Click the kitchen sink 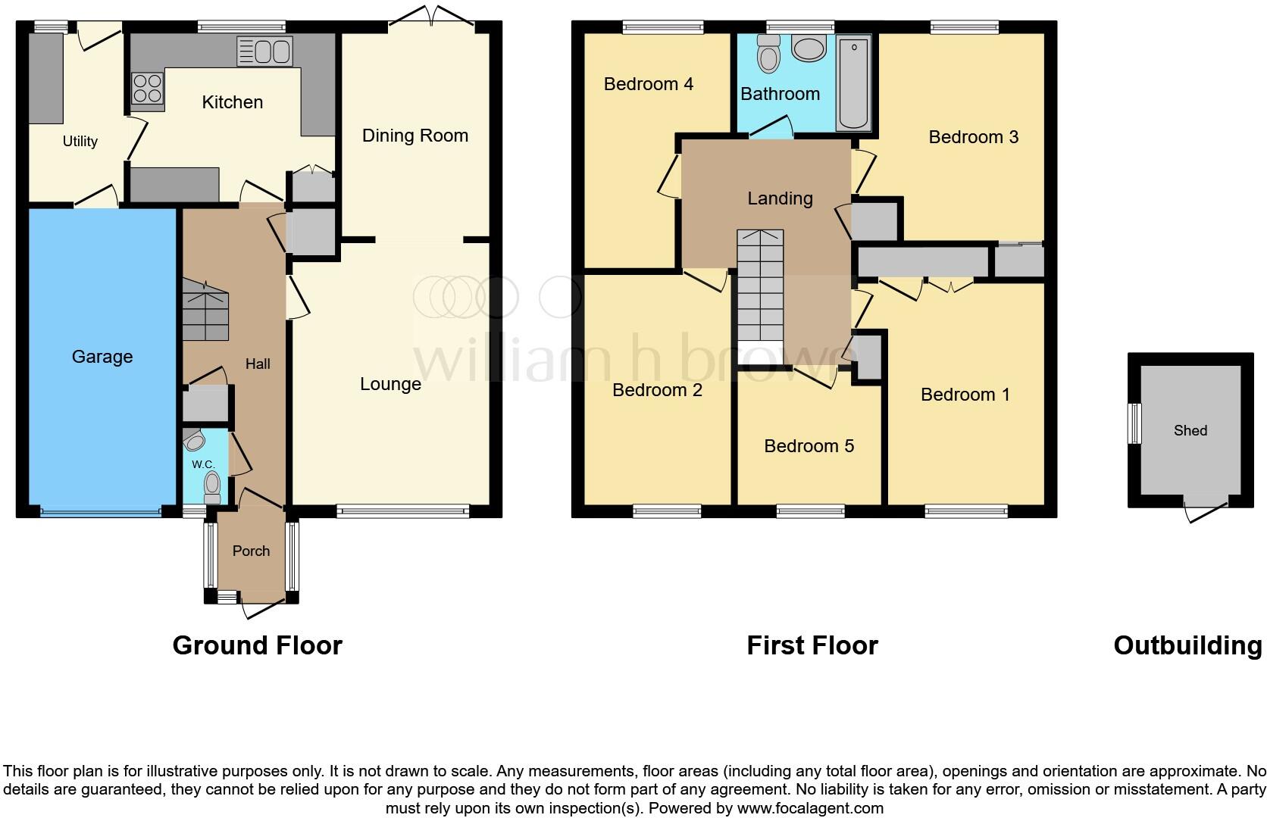coord(264,52)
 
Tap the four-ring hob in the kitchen coord(148,87)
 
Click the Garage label coord(102,357)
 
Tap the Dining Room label coord(415,136)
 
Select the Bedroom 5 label coord(809,446)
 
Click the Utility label coord(80,142)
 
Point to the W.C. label coord(202,464)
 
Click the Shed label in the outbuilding coord(1190,430)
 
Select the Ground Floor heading coord(257,645)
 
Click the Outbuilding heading coord(1187,645)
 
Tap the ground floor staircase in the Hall coord(205,311)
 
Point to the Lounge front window coord(403,512)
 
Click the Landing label coord(780,198)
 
